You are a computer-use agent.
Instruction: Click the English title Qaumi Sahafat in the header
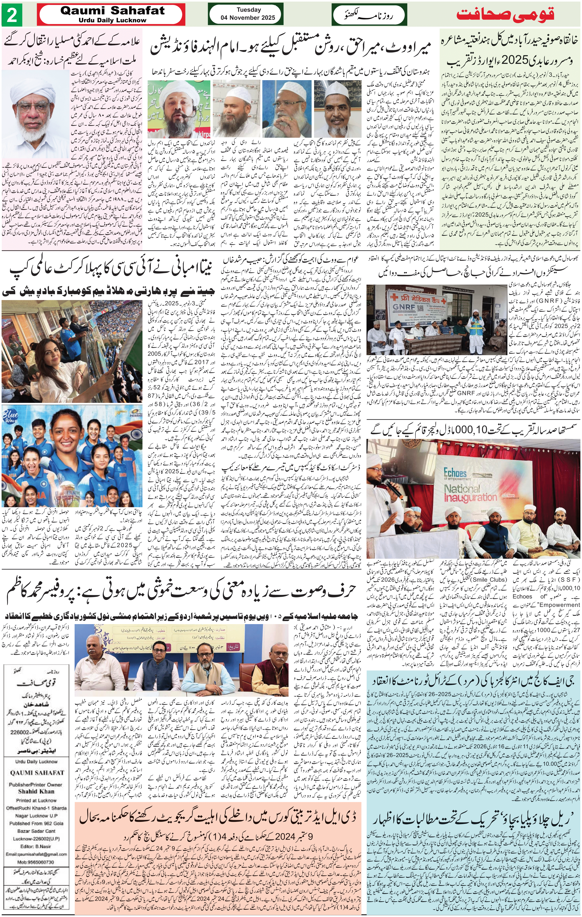[112, 11]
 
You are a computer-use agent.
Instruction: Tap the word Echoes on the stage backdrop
[455, 472]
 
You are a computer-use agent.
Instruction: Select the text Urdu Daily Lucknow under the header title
[112, 20]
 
